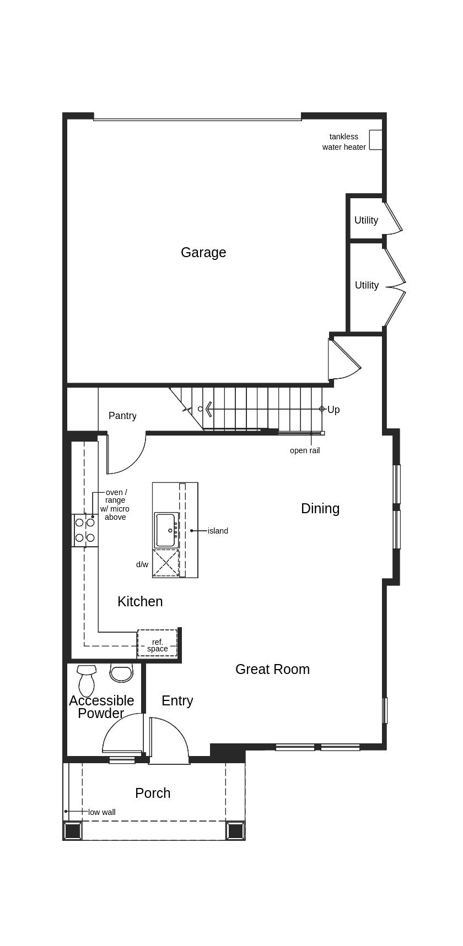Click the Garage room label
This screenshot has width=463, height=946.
(x=203, y=252)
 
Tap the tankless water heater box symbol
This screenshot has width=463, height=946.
(x=375, y=140)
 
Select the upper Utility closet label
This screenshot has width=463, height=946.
(x=366, y=220)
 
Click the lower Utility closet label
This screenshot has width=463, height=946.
(x=367, y=285)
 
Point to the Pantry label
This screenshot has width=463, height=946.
(x=122, y=416)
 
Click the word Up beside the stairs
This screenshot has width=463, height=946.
(x=333, y=410)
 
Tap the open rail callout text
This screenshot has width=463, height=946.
(x=305, y=450)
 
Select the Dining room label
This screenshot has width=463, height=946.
(x=320, y=508)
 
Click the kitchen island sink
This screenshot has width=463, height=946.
(x=166, y=530)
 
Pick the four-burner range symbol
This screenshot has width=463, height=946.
(x=85, y=530)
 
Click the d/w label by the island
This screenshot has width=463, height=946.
(x=142, y=564)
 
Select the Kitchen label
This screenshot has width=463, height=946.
(x=140, y=601)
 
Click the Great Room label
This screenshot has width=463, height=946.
(x=272, y=669)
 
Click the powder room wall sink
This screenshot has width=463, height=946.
(x=121, y=673)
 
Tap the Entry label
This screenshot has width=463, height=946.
(x=177, y=700)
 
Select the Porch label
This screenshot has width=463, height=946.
(x=153, y=793)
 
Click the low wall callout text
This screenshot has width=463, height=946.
(x=102, y=812)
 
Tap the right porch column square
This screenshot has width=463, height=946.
(x=235, y=830)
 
